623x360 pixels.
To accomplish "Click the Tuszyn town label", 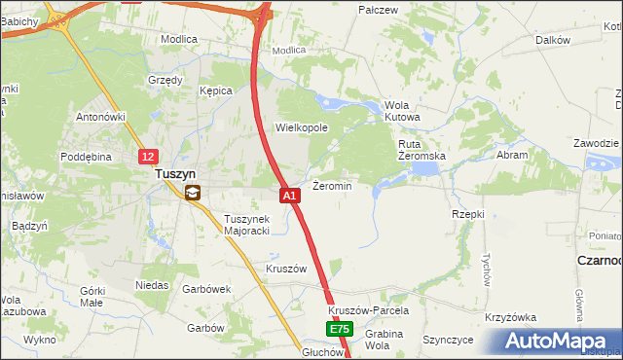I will click(177, 174).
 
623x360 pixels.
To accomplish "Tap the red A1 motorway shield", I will click(290, 196).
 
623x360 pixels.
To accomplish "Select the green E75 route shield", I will click(338, 330).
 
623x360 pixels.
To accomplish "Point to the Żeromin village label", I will click(332, 185).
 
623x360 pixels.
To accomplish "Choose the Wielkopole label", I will click(302, 127).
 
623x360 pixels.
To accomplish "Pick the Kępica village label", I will click(216, 90).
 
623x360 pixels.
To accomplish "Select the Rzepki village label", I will click(468, 213).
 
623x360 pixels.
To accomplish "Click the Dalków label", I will click(552, 40).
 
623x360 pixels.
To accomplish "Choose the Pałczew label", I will click(379, 10).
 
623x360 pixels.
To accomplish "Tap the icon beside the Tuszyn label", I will click(193, 193).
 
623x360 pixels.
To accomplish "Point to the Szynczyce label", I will click(448, 340).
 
